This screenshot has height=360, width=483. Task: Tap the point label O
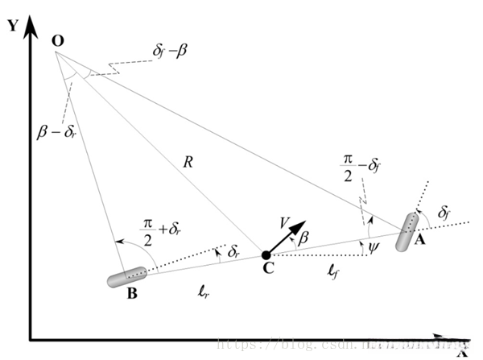click(x=57, y=39)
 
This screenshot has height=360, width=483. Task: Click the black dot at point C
click(x=266, y=255)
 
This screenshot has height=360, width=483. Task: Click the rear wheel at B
click(x=126, y=277)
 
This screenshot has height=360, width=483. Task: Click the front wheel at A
click(x=407, y=232)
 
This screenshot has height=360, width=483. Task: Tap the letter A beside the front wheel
click(x=419, y=239)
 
